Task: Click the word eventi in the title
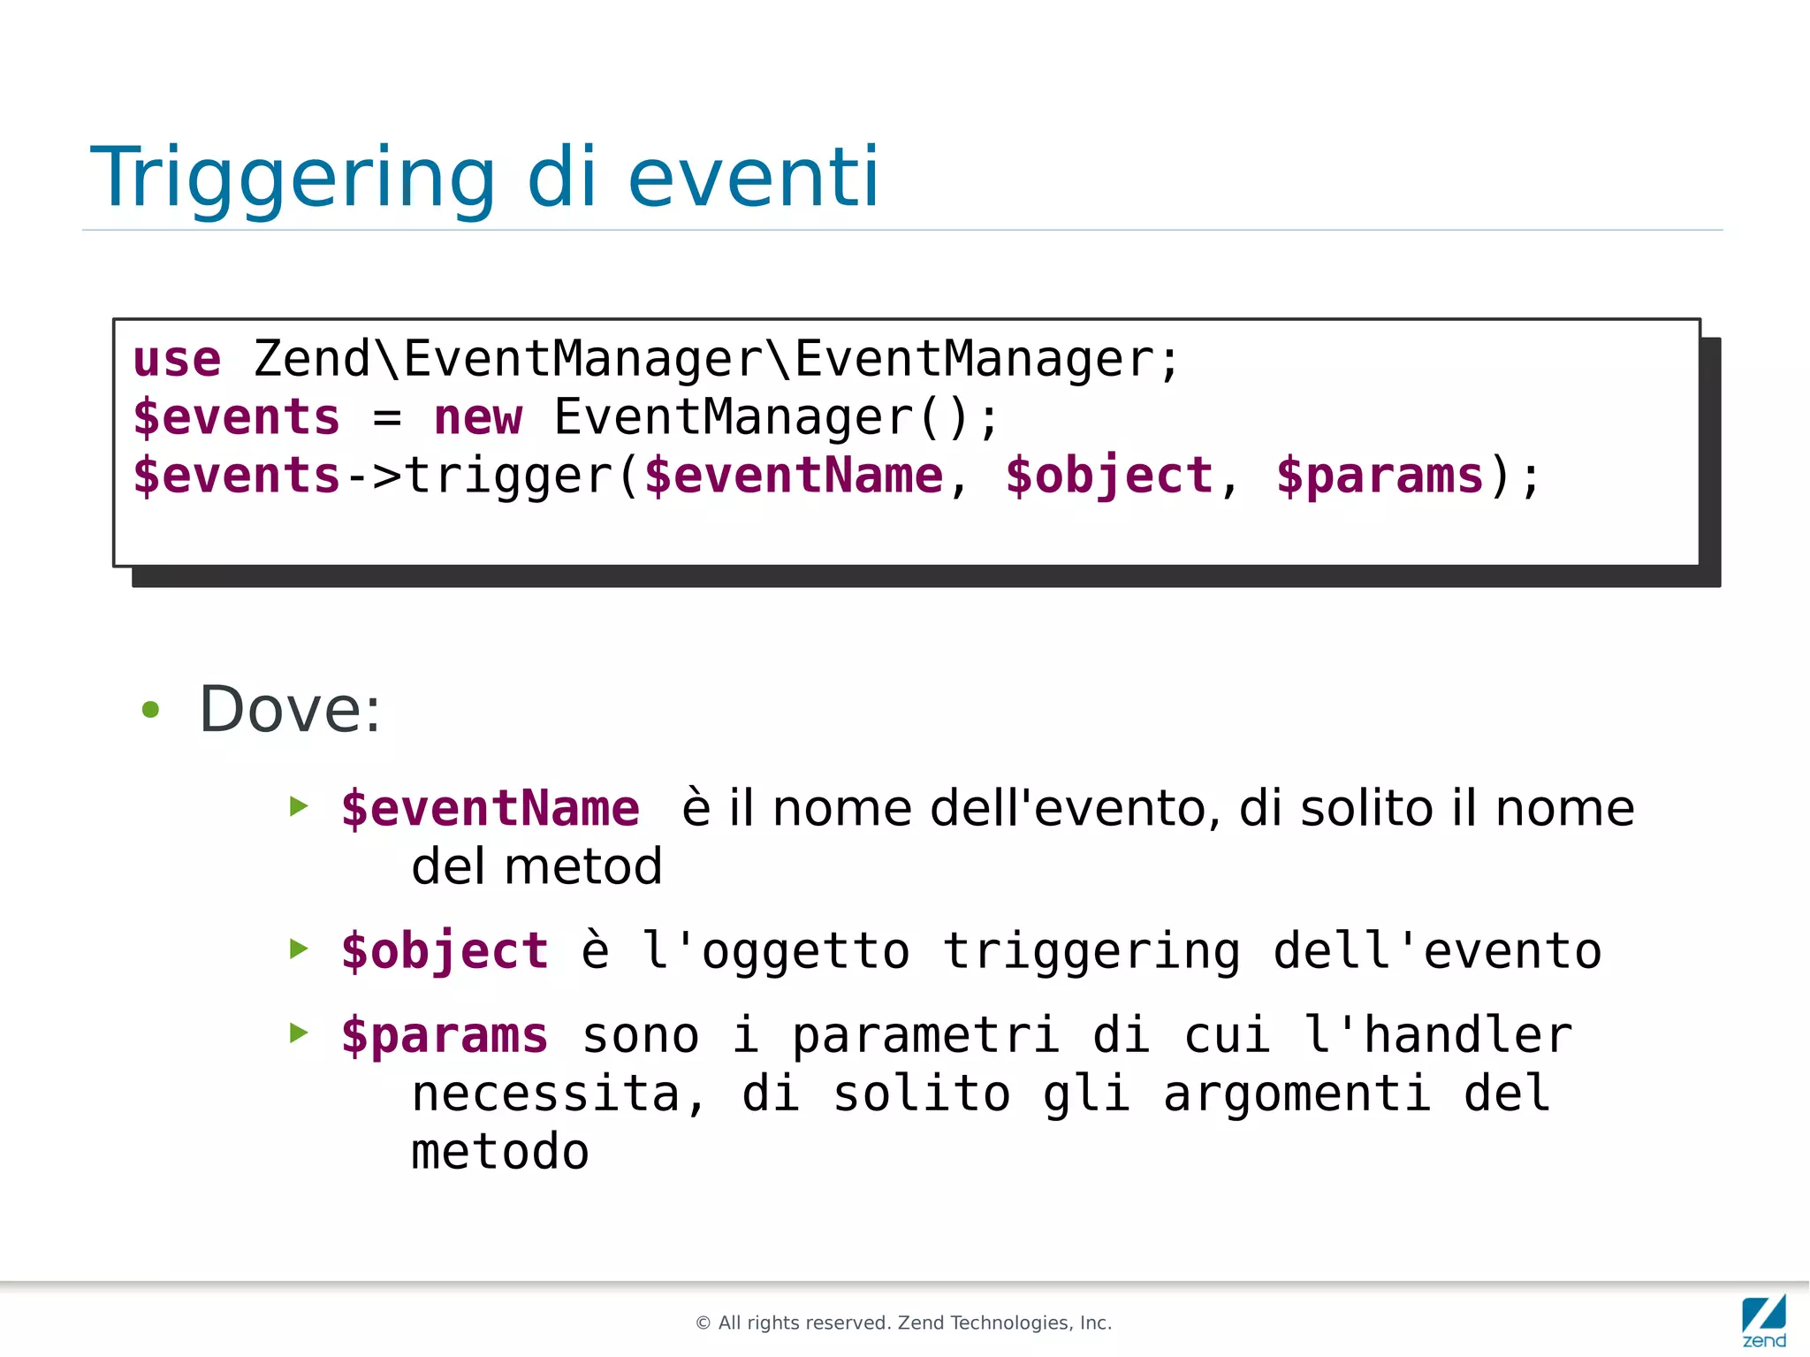click(753, 179)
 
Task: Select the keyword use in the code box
click(177, 360)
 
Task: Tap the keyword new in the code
click(477, 417)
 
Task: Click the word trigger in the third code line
click(508, 476)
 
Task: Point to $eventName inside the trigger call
click(794, 476)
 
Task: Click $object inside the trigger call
click(1109, 476)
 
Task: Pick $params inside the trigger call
click(1380, 476)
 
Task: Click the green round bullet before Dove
click(151, 709)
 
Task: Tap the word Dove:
click(290, 709)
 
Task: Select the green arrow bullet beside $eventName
click(300, 806)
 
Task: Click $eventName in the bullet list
click(491, 809)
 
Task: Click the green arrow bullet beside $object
click(300, 949)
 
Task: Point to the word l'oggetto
click(775, 951)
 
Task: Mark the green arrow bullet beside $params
click(300, 1033)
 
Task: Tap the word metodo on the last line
click(500, 1152)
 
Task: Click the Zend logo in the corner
click(1764, 1319)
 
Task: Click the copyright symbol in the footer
click(703, 1323)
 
